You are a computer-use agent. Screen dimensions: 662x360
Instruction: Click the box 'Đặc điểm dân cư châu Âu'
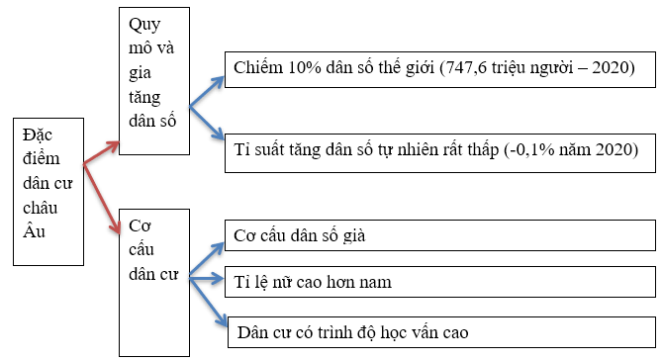tap(47, 193)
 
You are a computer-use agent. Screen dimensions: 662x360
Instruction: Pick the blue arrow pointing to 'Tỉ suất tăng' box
tap(204, 124)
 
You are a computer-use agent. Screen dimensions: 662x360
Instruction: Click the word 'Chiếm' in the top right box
tap(256, 67)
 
